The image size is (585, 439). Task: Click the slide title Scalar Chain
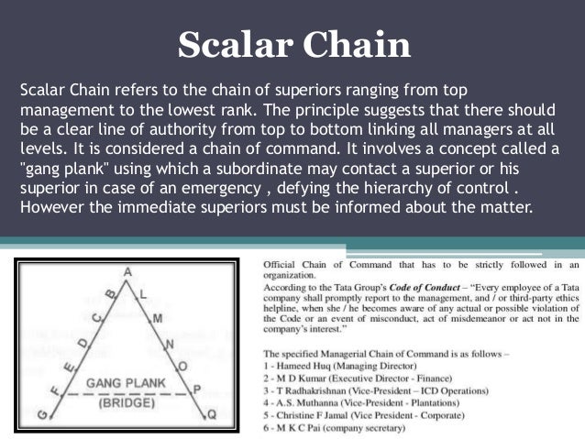coord(292,45)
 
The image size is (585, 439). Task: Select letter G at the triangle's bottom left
coord(41,415)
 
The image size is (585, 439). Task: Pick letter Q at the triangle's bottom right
coord(212,414)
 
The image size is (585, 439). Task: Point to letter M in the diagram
coord(157,317)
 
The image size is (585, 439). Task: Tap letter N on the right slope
coord(169,344)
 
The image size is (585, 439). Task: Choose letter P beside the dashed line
coord(195,390)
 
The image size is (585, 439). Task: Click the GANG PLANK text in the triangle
coord(122,381)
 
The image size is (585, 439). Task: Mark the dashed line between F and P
coord(124,392)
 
